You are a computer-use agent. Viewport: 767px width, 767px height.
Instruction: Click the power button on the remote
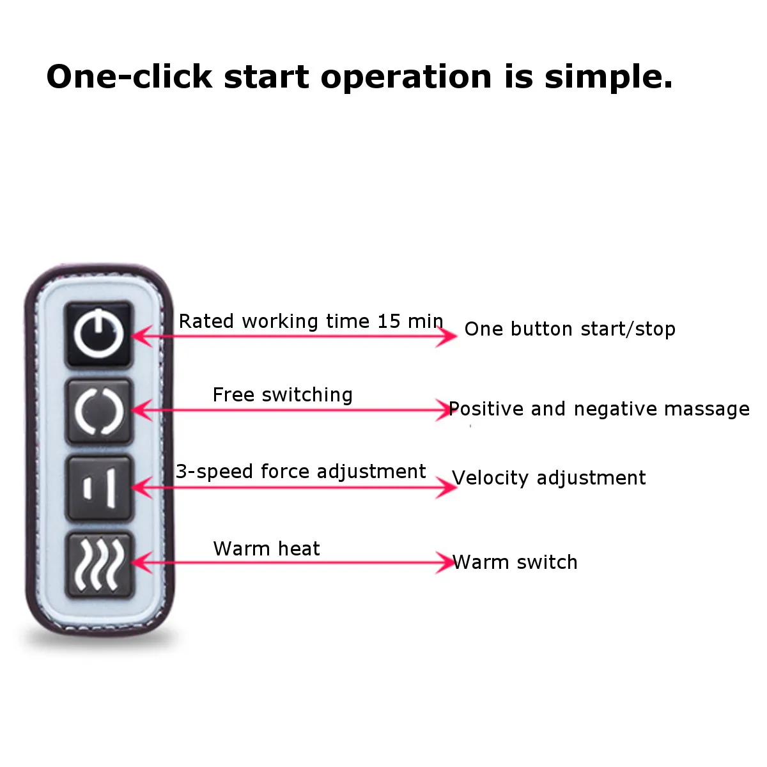[x=98, y=334]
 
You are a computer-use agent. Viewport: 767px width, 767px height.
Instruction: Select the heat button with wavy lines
[x=98, y=564]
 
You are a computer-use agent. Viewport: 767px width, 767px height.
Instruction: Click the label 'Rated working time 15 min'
[x=311, y=321]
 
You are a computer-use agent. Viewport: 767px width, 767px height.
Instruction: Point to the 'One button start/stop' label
[x=569, y=329]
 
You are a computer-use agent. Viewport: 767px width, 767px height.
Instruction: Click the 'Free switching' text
[x=283, y=395]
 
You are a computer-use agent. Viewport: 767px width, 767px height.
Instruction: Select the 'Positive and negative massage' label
[x=599, y=409]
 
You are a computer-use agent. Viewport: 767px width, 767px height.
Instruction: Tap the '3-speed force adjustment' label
[x=301, y=472]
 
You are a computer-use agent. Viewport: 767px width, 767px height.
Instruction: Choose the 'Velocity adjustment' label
[x=548, y=478]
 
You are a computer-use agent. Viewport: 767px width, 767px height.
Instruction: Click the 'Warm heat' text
[x=267, y=548]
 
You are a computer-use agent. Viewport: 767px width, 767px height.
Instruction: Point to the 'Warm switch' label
[x=515, y=562]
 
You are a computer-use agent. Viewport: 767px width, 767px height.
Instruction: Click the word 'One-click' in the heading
[x=129, y=77]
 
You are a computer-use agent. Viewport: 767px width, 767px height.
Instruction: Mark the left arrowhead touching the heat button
[x=139, y=563]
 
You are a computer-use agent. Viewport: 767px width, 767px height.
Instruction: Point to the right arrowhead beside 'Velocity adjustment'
[x=449, y=487]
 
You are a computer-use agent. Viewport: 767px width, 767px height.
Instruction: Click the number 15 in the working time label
[x=388, y=321]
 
